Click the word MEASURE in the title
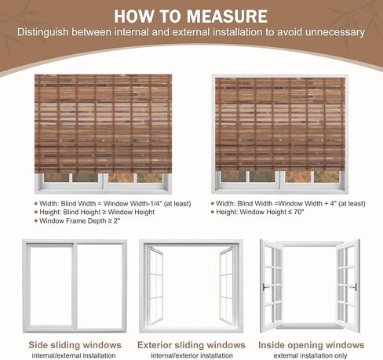228,16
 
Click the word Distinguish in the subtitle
43,32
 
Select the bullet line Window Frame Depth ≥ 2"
78,221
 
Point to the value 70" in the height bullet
298,212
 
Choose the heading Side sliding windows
75,345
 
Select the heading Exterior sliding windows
191,345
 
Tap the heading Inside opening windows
311,345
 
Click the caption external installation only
310,356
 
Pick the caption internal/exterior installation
191,356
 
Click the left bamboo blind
103,123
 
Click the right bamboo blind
280,125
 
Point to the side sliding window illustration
75,286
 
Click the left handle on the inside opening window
265,287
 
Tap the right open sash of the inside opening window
348,285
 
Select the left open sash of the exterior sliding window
155,285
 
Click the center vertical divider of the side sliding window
75,286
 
